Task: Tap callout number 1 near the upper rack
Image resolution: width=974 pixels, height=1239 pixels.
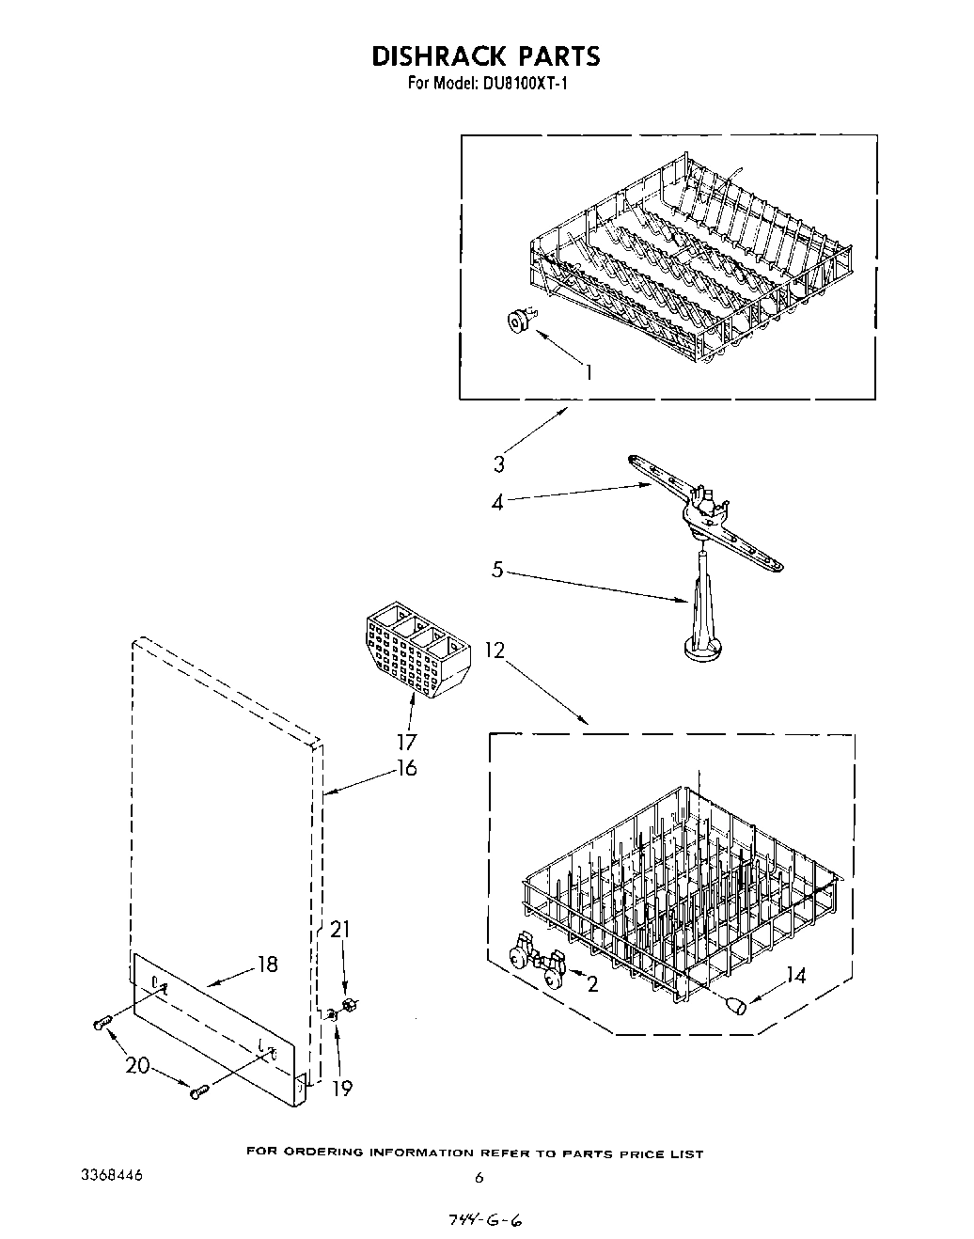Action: pos(589,372)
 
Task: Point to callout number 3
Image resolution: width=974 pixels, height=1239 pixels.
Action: pos(498,463)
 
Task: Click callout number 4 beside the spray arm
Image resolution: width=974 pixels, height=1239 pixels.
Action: pos(497,503)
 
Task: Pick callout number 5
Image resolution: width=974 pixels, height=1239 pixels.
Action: pos(497,570)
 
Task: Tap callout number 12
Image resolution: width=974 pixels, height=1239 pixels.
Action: pos(495,650)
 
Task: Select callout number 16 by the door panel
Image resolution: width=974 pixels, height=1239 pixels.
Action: pos(406,768)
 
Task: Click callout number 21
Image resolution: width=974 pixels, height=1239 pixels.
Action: pos(339,930)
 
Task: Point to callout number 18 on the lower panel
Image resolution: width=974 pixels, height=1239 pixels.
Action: pos(267,965)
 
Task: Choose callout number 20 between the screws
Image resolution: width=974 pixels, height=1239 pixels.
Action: pos(137,1065)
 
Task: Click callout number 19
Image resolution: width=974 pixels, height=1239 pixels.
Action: pos(342,1088)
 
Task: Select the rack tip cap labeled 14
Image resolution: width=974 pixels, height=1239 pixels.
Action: pos(739,1006)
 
